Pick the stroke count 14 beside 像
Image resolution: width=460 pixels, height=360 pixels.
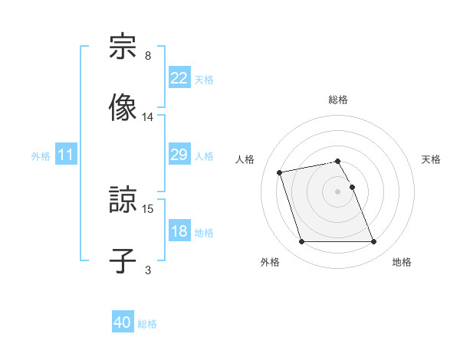(x=148, y=117)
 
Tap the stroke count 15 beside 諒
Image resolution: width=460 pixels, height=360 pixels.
(x=148, y=208)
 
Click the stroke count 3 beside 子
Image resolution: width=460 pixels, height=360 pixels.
(x=147, y=270)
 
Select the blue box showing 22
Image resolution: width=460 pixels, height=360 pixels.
(x=179, y=78)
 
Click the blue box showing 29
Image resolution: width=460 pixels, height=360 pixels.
(x=179, y=155)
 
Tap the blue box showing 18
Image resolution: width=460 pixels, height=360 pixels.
(x=179, y=231)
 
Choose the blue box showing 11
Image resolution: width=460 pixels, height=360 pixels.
(x=66, y=155)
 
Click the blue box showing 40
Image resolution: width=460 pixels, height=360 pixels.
(x=123, y=323)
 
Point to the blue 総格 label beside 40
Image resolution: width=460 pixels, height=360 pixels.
(x=147, y=324)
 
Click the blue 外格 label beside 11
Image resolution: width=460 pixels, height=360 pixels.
(x=41, y=156)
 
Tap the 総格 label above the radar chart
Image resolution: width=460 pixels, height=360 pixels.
(x=337, y=100)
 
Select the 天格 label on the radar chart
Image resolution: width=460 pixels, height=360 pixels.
(x=432, y=159)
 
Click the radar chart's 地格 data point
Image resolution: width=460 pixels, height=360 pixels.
(x=373, y=242)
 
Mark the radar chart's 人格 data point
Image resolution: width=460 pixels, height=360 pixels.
(x=280, y=172)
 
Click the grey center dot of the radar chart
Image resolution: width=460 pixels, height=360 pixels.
(x=337, y=191)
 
